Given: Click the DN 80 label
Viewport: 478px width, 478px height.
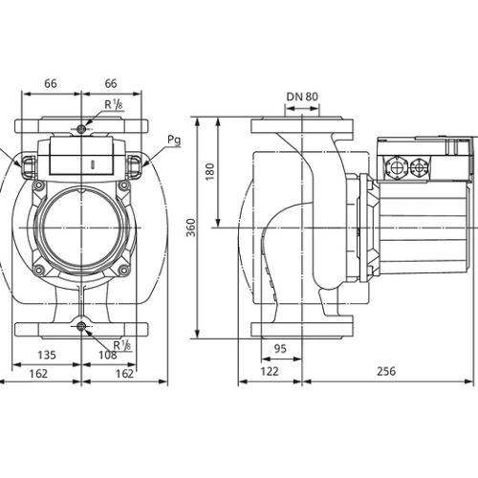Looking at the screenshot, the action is (x=302, y=97).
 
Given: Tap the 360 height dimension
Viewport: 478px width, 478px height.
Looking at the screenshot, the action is (x=191, y=228).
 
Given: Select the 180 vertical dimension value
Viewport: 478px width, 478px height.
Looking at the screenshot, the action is (x=210, y=172).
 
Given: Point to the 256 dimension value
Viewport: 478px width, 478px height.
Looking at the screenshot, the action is (x=386, y=371).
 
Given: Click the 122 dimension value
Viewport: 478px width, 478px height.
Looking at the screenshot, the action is (x=270, y=371).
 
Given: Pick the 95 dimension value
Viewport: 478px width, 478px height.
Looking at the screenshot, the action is (x=280, y=348).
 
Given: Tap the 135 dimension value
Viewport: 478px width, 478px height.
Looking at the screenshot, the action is (x=47, y=355).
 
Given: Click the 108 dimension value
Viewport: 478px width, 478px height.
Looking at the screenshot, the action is (x=108, y=355).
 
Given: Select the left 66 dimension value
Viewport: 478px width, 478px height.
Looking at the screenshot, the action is (x=51, y=83).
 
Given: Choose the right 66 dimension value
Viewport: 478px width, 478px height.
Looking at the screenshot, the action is (x=111, y=83).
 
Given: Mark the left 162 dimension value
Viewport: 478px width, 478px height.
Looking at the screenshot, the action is (x=38, y=374).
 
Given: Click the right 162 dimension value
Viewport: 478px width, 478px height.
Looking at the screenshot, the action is (x=124, y=374).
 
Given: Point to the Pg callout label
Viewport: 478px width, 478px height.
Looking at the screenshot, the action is (x=174, y=141).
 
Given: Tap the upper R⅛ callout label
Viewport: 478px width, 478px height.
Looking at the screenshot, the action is (x=114, y=104).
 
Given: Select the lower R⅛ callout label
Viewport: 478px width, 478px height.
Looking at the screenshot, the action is (x=122, y=345).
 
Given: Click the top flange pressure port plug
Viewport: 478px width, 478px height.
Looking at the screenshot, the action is (x=81, y=129).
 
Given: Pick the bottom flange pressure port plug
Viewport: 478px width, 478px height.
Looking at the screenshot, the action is (x=81, y=326).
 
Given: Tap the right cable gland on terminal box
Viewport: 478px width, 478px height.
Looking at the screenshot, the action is (x=420, y=167).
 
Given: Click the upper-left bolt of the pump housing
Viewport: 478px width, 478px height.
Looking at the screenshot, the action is (x=39, y=185).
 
